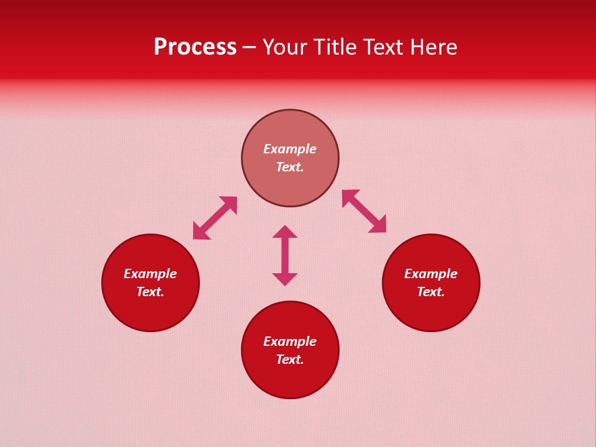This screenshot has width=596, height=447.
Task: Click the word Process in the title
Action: [195, 47]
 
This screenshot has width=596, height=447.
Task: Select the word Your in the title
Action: [285, 47]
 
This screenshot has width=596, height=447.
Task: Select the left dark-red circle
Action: [150, 310]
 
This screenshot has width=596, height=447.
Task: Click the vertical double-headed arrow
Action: [285, 255]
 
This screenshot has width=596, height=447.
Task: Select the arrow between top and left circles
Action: [215, 218]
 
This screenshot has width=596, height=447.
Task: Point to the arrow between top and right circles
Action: [364, 211]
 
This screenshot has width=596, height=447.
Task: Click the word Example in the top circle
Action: [290, 149]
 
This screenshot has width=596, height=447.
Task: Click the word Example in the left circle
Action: [150, 274]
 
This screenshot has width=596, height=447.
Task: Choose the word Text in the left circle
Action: [150, 292]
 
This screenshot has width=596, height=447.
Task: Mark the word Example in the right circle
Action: [431, 274]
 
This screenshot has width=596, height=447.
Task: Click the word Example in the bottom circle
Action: [290, 341]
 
